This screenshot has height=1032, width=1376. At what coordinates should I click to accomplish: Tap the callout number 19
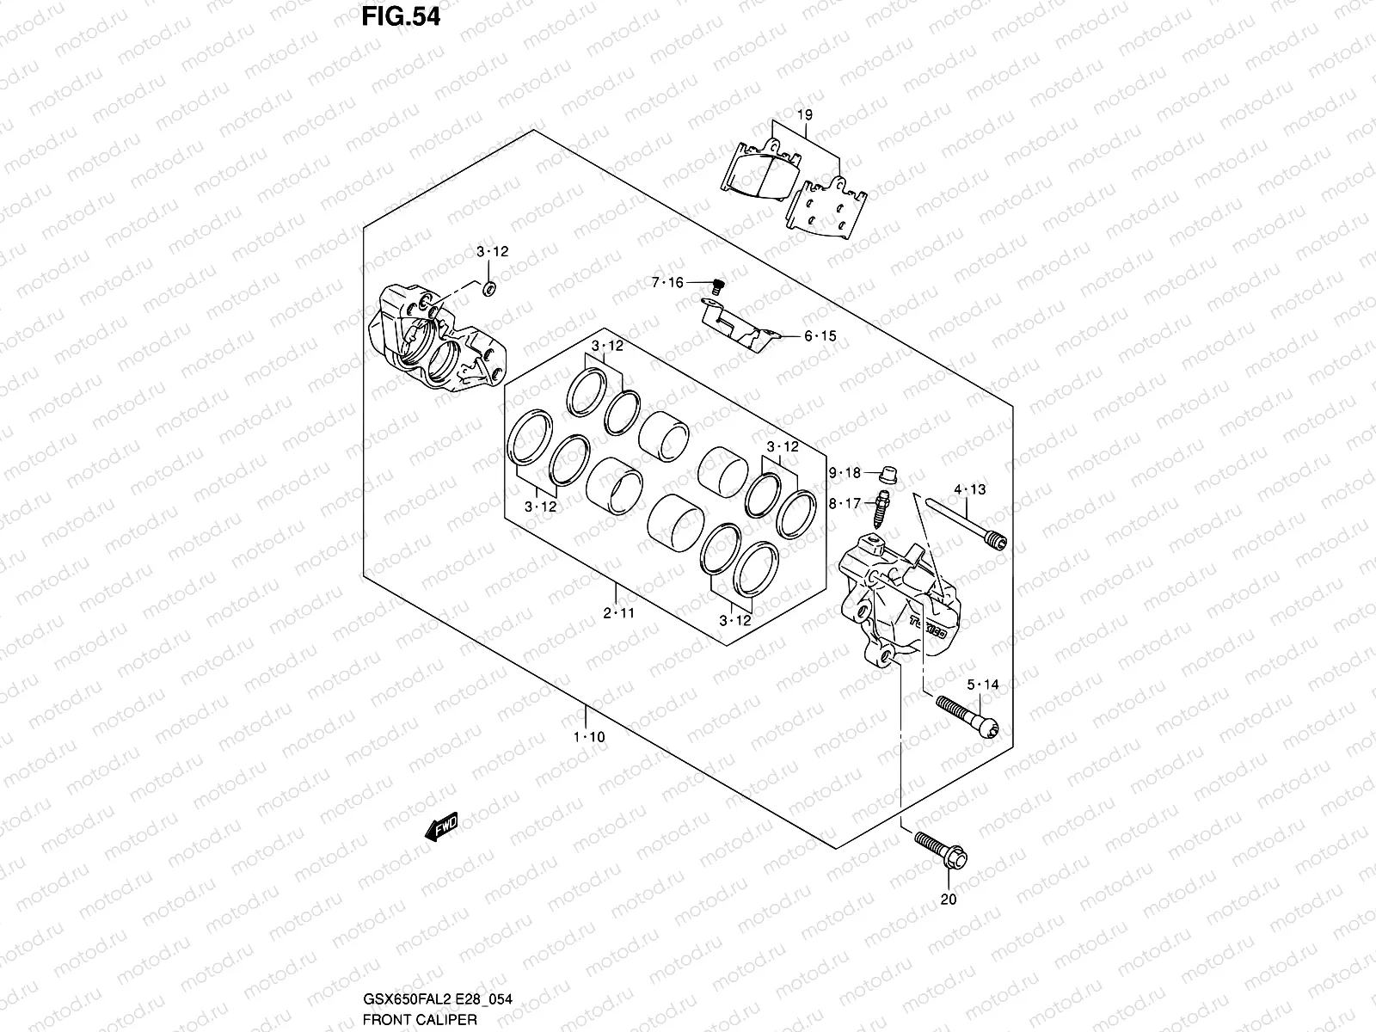[x=804, y=114]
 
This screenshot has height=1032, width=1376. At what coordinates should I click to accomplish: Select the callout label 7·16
[x=667, y=283]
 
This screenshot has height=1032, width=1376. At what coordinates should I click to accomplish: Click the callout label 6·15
[x=820, y=336]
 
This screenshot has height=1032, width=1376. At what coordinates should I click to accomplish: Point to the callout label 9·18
[x=845, y=473]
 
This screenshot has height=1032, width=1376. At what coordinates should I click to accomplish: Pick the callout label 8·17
[x=845, y=504]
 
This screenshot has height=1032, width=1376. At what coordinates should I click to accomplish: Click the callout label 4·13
[x=969, y=490]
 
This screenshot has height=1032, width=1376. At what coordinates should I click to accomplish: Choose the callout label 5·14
[x=982, y=685]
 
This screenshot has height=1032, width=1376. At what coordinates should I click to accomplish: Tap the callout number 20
[x=949, y=900]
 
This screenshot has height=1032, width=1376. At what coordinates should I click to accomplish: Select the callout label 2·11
[x=617, y=613]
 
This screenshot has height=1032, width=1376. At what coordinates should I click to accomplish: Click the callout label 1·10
[x=589, y=737]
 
